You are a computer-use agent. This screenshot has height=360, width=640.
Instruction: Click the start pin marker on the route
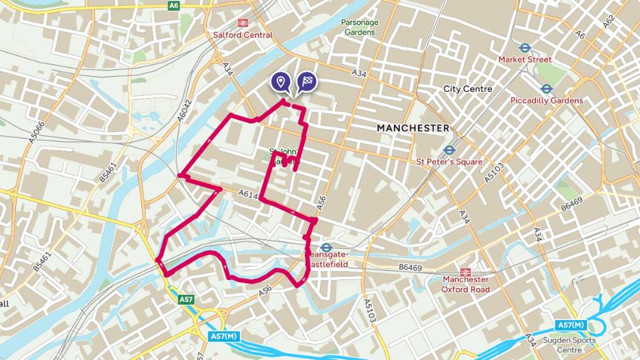point(281,82)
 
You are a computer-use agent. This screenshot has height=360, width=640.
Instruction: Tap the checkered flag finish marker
point(307,82)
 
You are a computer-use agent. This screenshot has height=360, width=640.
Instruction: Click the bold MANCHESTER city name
point(413,127)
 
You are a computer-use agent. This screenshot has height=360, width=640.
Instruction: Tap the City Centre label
point(467,89)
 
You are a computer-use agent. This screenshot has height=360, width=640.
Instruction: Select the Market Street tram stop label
point(525,59)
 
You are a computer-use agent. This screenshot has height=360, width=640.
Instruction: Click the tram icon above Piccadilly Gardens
point(546,88)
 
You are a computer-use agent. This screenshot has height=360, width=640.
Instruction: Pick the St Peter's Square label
point(449,162)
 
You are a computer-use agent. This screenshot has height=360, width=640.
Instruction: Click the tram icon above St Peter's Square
point(449,150)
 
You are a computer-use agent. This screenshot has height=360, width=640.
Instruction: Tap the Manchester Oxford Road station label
point(465,285)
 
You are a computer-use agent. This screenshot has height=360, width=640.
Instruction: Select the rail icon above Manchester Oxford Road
point(465,272)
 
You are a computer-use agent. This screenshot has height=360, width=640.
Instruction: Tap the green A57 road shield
point(186,300)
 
